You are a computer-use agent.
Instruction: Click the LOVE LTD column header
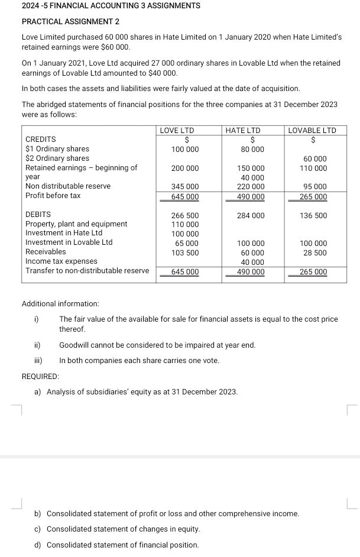coord(177,130)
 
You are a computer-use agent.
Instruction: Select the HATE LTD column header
coord(243,130)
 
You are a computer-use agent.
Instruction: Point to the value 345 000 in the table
coord(185,187)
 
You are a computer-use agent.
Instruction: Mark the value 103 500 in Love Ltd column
coord(185,252)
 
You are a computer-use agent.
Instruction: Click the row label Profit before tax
coord(53,196)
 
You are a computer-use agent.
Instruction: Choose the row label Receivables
coord(46,252)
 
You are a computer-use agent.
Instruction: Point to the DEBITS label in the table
coord(38,214)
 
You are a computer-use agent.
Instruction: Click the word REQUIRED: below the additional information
coord(40,375)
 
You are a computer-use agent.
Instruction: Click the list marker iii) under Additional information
coord(37,361)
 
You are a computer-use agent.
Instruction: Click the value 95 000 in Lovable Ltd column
coord(314,187)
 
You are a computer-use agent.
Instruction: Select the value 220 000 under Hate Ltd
coord(251,187)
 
